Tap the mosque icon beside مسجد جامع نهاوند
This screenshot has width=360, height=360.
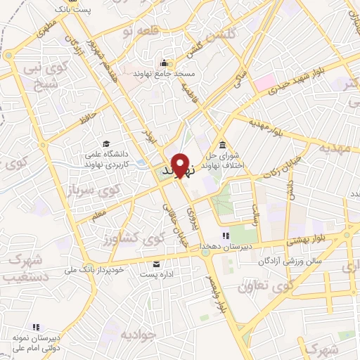pos(164,62)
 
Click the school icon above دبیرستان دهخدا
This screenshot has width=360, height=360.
pos(224,236)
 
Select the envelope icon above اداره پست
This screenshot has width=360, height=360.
pos(155,264)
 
